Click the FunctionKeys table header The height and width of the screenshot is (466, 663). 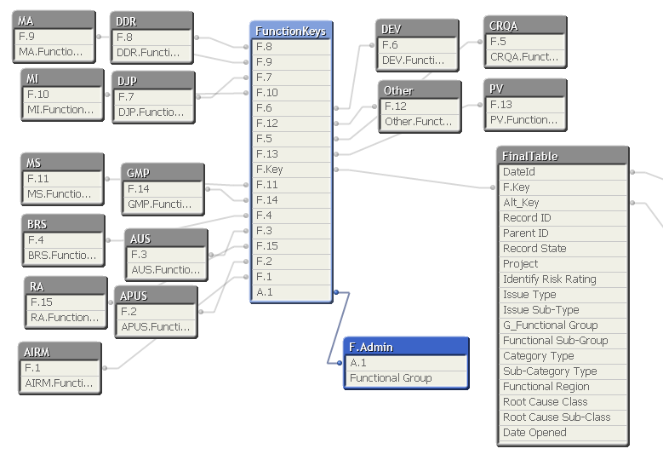tap(290, 32)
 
